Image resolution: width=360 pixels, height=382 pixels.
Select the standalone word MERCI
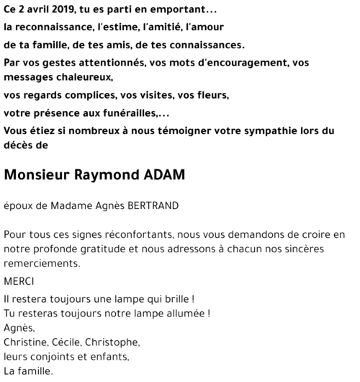(x=19, y=281)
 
